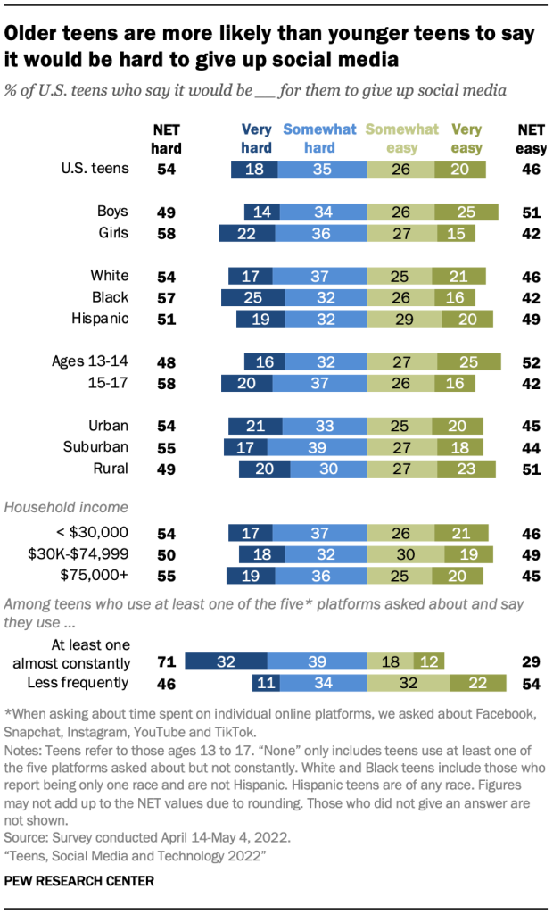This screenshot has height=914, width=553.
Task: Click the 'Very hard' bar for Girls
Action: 241,233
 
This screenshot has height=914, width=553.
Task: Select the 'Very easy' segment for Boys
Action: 466,212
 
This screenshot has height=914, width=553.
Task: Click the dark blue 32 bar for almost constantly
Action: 227,661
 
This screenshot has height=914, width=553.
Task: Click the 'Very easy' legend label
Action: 466,138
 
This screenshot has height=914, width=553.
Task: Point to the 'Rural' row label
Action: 109,468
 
